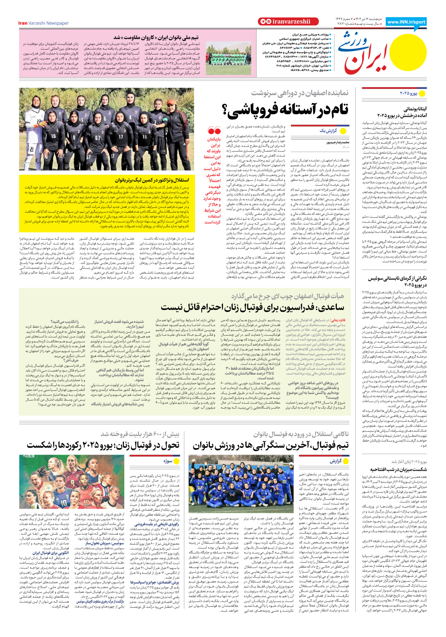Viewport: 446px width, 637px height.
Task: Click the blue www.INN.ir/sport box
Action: click(x=406, y=22)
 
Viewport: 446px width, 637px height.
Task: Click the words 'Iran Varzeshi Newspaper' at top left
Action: click(x=44, y=23)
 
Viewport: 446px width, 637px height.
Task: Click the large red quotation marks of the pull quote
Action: click(x=214, y=131)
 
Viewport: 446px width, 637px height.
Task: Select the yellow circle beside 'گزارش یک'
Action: click(x=344, y=131)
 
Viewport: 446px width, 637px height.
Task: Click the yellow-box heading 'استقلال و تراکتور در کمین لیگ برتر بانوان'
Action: click(x=152, y=180)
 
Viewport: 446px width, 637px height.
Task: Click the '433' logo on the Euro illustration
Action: click(x=28, y=456)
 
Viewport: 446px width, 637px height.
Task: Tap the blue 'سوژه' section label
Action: click(x=168, y=461)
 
